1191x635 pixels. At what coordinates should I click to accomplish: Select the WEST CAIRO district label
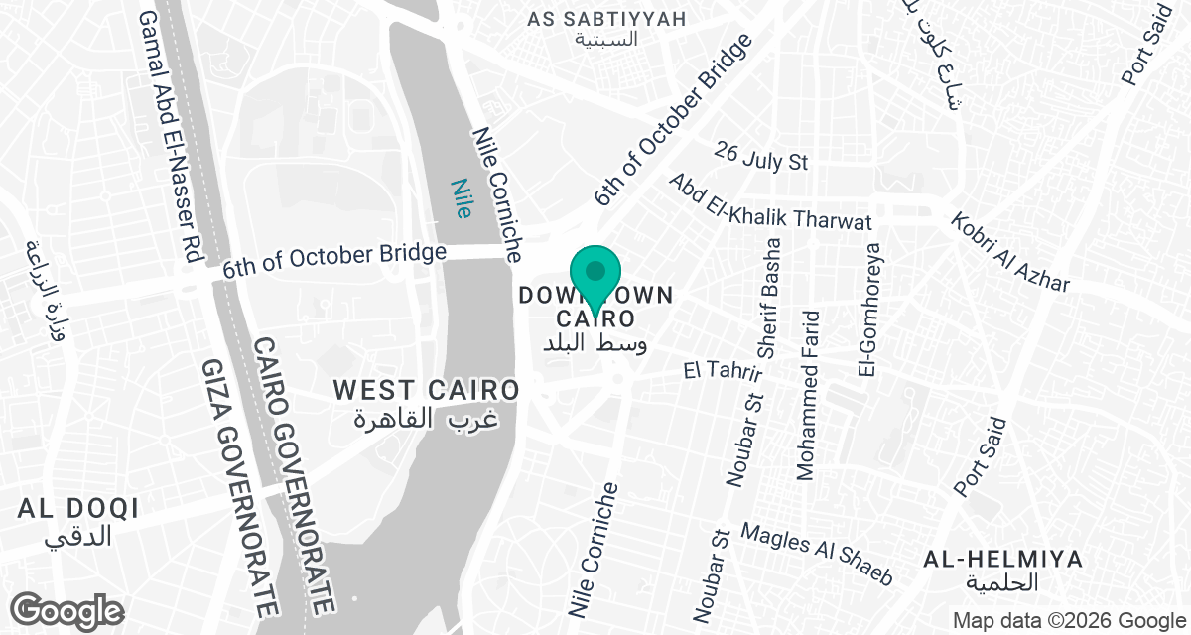427,391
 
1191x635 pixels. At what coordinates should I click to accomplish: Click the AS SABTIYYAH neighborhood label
606,19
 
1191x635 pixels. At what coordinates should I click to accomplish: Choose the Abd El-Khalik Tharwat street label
769,203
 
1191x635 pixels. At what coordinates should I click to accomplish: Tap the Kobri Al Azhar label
1010,253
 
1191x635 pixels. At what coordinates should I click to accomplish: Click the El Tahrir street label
723,370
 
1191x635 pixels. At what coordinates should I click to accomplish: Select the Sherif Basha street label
769,298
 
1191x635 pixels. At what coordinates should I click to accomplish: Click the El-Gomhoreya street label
870,310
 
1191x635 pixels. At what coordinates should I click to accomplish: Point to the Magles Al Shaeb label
817,554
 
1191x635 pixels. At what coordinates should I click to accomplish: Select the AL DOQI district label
77,509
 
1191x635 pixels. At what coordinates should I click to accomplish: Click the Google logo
67,609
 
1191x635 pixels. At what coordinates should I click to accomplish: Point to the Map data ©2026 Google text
1067,621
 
